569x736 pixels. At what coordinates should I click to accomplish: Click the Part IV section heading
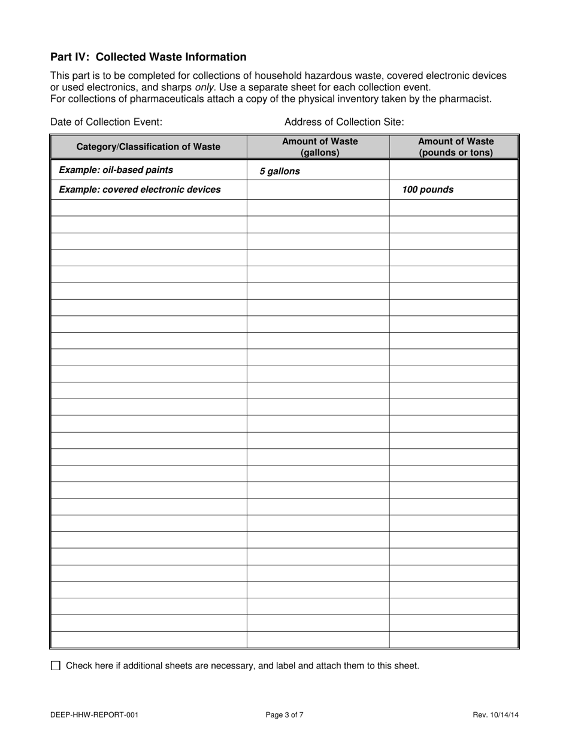tap(148, 57)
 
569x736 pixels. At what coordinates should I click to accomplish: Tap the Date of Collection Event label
tap(106, 121)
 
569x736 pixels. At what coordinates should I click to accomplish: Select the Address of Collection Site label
tap(344, 121)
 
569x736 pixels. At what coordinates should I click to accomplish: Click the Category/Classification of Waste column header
tap(148, 147)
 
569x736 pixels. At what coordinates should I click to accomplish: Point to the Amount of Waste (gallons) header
tap(320, 147)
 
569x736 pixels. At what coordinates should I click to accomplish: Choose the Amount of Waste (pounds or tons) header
tap(456, 147)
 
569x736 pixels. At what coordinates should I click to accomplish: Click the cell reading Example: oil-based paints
tap(116, 170)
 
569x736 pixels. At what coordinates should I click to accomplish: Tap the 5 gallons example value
tap(280, 171)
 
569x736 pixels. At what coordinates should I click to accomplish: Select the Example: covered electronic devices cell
tap(140, 190)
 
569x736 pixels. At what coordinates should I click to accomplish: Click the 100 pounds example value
tap(428, 190)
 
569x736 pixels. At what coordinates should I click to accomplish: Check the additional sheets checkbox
tap(56, 665)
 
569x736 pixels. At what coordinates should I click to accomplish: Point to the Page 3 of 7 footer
tap(284, 714)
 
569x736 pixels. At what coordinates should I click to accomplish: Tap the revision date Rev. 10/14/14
tap(495, 714)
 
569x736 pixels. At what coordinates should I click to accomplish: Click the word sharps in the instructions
tap(178, 87)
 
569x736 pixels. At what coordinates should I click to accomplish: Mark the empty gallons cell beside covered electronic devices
tap(318, 190)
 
